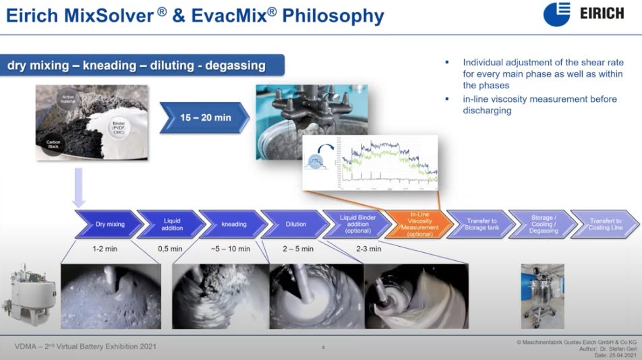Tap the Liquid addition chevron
click(x=171, y=224)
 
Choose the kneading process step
click(x=233, y=224)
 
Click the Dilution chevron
click(x=295, y=224)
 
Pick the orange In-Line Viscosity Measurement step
click(x=419, y=224)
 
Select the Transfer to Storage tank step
click(x=481, y=224)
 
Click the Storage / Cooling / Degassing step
click(x=543, y=224)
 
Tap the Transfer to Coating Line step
click(x=605, y=224)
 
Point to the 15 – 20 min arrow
click(x=204, y=117)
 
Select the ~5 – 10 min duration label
click(x=230, y=249)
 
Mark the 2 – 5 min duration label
click(x=297, y=249)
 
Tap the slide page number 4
click(x=323, y=348)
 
